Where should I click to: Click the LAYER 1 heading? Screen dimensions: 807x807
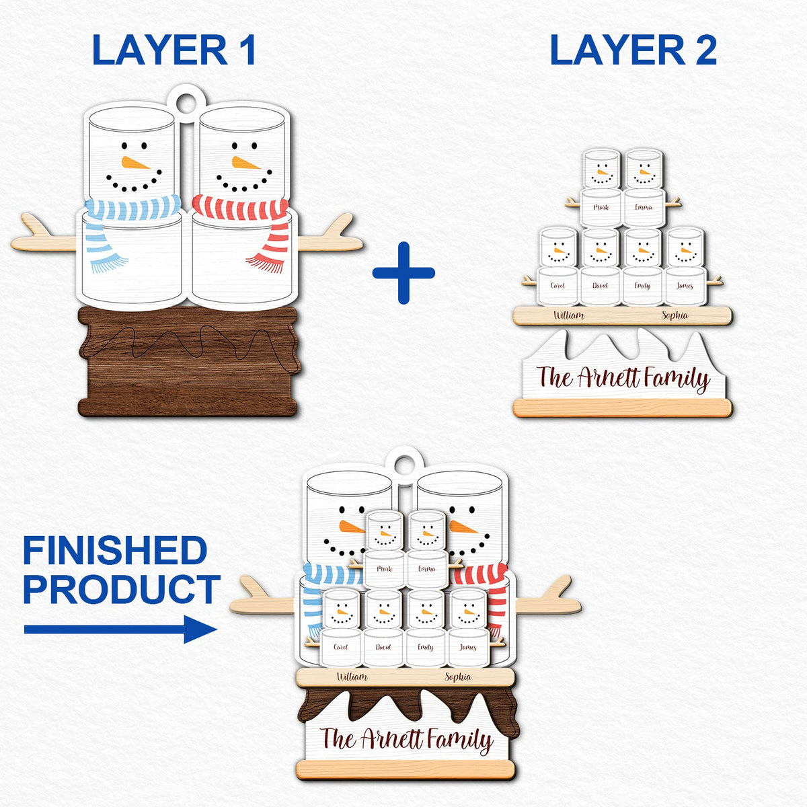click(174, 50)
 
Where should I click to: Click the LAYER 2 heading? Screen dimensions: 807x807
click(633, 50)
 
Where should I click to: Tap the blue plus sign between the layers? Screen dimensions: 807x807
click(403, 273)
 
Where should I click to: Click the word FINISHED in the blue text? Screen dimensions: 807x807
click(114, 551)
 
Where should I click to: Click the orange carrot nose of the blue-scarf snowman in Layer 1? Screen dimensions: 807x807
click(134, 163)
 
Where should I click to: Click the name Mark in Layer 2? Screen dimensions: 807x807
click(601, 207)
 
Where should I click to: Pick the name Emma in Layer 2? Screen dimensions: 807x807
click(644, 207)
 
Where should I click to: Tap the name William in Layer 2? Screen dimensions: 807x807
click(568, 315)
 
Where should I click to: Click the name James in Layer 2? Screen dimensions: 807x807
click(685, 286)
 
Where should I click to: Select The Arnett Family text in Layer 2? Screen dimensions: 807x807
click(623, 379)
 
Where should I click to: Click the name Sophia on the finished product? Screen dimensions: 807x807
click(458, 677)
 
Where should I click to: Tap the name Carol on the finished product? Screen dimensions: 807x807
click(341, 648)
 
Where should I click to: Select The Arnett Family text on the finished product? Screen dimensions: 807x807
click(406, 740)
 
